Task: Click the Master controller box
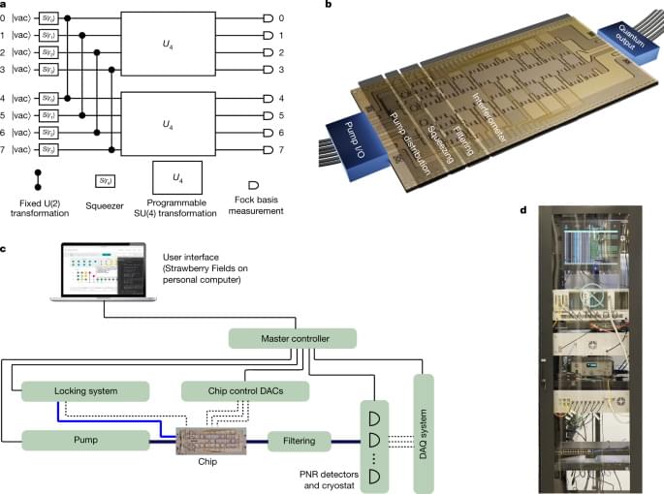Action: (x=293, y=338)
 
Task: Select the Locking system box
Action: (x=84, y=390)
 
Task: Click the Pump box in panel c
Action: (x=84, y=442)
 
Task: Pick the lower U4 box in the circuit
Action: (x=168, y=124)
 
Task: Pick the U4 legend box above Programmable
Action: (x=176, y=177)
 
